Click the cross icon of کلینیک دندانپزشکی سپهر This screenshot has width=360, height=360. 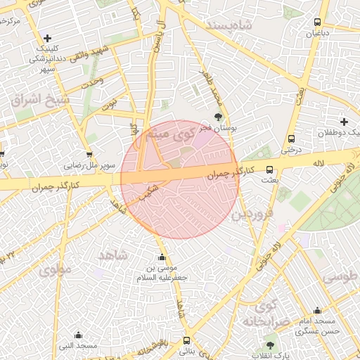click(x=47, y=38)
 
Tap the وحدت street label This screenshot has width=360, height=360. click(x=92, y=82)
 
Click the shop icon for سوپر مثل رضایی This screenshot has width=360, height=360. click(x=89, y=155)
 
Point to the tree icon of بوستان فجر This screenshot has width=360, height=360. click(x=219, y=117)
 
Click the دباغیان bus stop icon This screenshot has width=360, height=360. click(x=317, y=22)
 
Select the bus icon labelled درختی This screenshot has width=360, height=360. click(x=290, y=139)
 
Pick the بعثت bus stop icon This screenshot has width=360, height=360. click(x=269, y=169)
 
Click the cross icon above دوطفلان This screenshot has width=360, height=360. click(x=344, y=122)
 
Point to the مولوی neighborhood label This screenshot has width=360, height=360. click(x=56, y=269)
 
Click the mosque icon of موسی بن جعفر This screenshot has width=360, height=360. click(x=163, y=257)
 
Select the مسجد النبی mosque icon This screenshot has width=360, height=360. click(x=78, y=335)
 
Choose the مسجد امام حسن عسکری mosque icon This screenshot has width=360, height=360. click(x=317, y=310)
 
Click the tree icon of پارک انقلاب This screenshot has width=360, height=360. click(x=270, y=345)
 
